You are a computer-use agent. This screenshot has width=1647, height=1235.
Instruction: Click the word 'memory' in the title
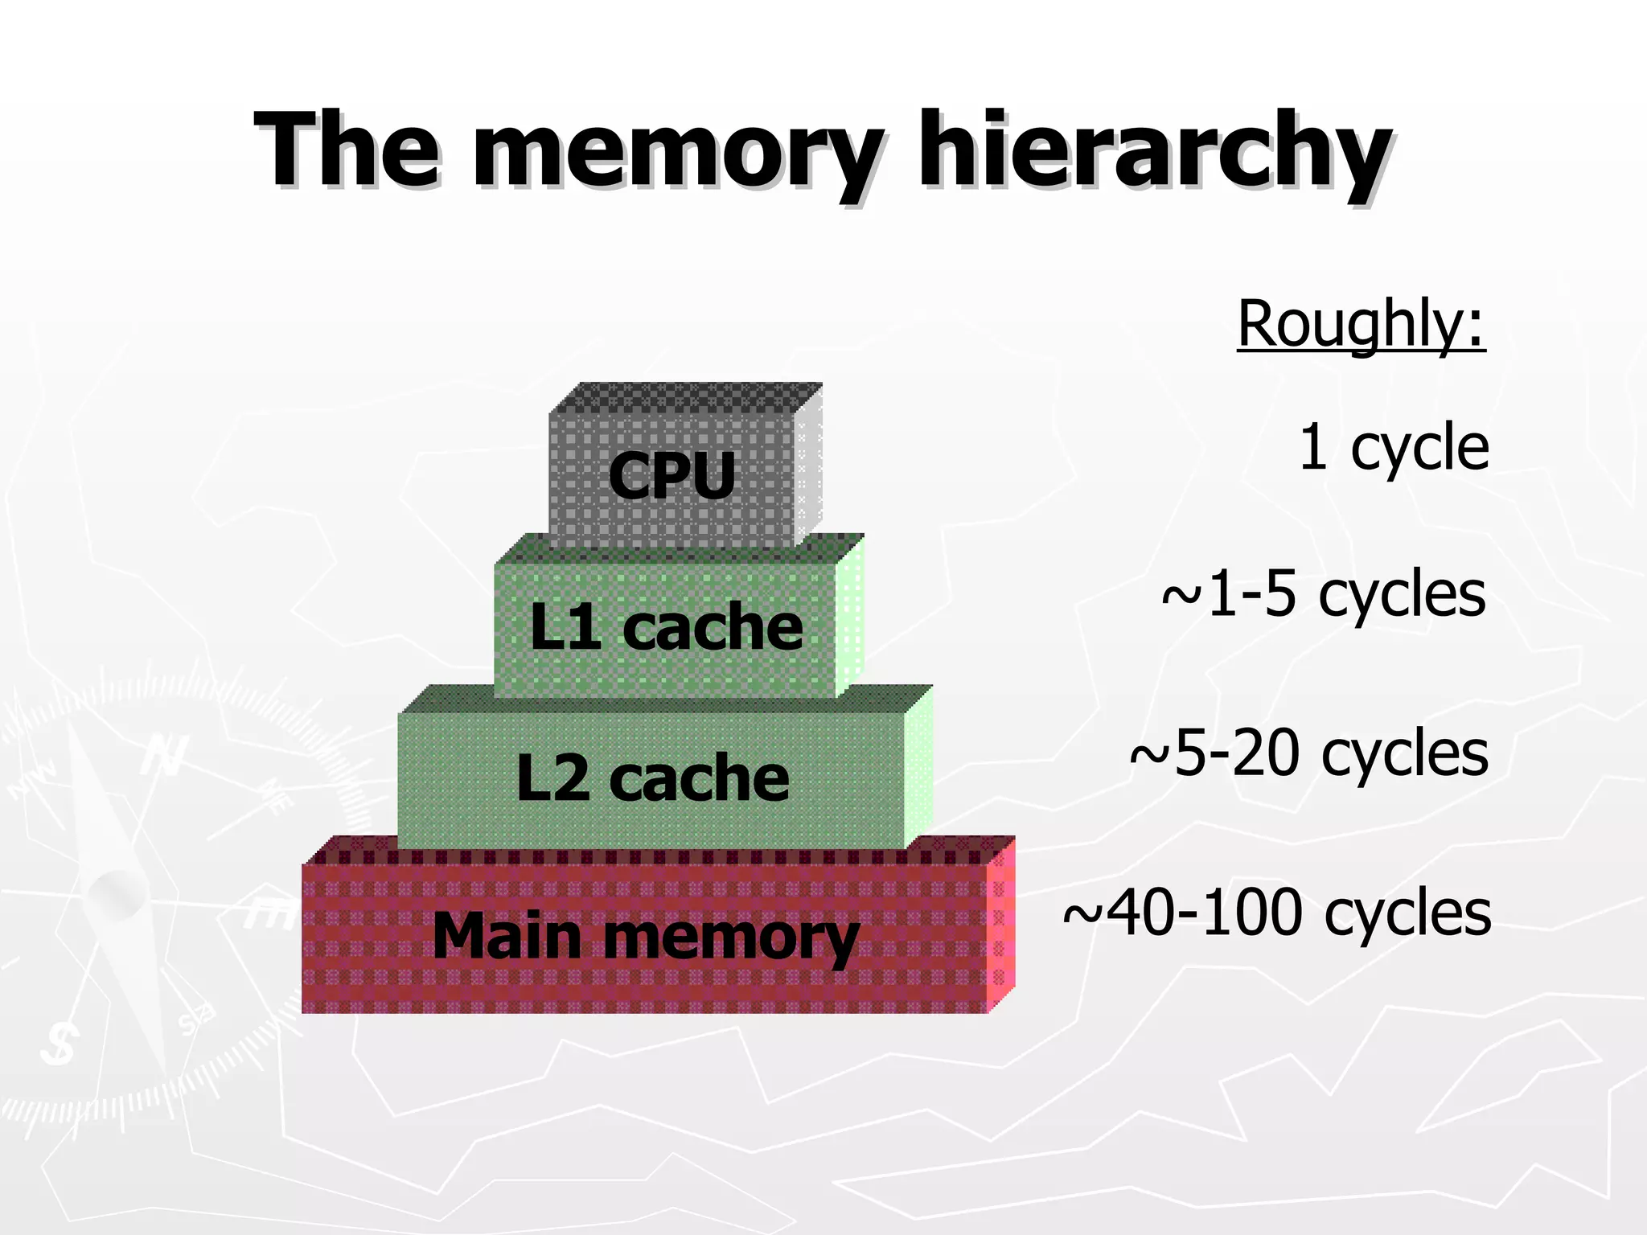[677, 153]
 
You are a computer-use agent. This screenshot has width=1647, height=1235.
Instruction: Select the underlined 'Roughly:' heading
[1361, 323]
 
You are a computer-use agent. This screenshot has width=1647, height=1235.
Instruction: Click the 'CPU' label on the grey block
[672, 475]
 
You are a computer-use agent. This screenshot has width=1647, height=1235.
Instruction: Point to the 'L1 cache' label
[666, 627]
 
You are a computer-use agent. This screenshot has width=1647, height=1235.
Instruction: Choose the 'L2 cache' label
[652, 778]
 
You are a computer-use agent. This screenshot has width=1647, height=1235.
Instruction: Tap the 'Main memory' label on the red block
[646, 937]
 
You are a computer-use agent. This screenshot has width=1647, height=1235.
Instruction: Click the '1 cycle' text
[1393, 447]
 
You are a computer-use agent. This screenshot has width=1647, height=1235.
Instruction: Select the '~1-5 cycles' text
[1323, 595]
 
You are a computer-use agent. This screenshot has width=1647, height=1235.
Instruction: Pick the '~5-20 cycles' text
[1308, 753]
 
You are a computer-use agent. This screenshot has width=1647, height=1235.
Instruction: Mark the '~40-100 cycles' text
[1276, 913]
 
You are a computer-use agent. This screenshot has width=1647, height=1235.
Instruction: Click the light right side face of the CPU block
[808, 466]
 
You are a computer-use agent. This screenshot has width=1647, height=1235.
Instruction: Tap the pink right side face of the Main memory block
[1000, 925]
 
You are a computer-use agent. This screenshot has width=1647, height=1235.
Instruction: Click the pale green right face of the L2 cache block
[918, 768]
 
